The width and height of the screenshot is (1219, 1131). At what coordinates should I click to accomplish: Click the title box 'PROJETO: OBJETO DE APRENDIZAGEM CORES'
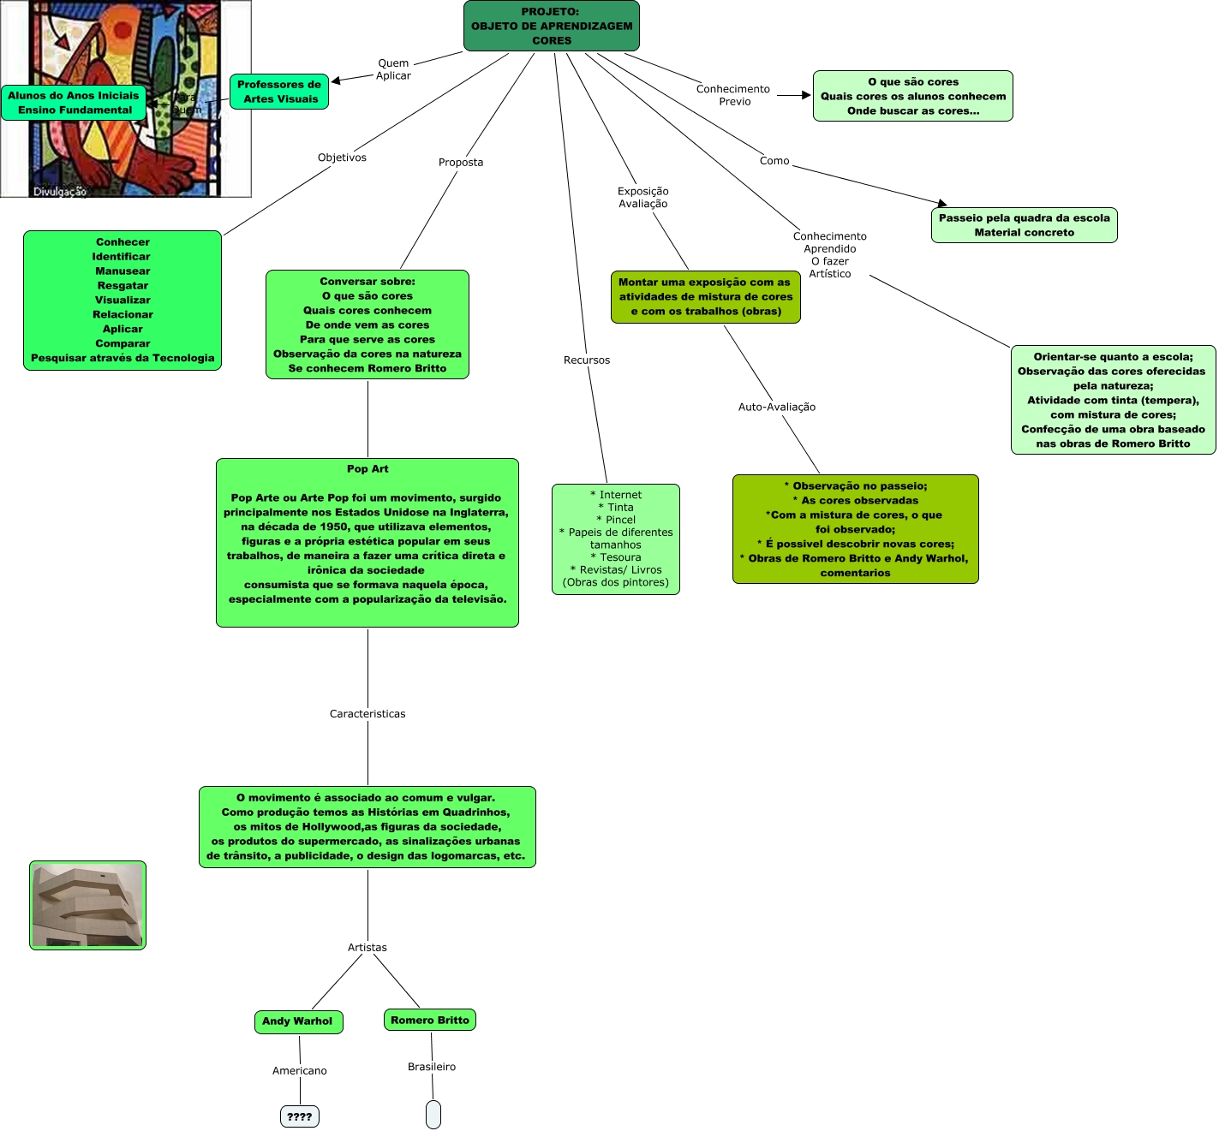(551, 26)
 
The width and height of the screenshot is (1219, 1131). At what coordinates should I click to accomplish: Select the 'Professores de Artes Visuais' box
(279, 92)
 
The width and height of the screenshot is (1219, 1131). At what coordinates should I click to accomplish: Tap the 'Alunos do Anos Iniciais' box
(74, 103)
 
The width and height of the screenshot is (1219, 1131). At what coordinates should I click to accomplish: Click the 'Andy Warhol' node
(298, 1021)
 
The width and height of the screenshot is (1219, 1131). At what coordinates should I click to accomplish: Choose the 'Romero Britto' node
(430, 1020)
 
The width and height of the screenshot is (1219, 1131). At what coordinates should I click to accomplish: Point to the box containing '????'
(300, 1116)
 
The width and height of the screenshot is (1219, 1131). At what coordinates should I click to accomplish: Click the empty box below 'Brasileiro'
(433, 1115)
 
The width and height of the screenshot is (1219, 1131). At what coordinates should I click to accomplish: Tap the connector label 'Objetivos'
(342, 158)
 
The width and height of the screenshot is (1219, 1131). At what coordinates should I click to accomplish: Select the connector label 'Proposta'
(461, 163)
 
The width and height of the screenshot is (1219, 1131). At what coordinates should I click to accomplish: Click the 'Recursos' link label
(587, 360)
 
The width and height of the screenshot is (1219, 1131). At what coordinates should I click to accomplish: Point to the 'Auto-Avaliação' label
(777, 408)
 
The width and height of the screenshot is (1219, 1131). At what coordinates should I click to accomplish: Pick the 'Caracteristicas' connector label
(367, 714)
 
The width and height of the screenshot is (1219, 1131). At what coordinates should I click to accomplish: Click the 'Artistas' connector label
(367, 948)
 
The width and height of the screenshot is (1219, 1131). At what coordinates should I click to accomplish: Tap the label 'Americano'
(300, 1071)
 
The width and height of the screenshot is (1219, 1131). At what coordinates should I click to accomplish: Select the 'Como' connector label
(774, 161)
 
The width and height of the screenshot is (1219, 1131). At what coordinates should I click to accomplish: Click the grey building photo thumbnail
(88, 905)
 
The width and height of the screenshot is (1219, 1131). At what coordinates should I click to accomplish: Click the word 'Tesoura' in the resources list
(620, 557)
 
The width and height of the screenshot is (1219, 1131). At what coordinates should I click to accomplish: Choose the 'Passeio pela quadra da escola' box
(1024, 225)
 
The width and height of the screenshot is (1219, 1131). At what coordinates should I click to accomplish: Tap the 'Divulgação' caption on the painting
(60, 192)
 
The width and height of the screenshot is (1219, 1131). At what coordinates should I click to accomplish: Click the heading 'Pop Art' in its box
(367, 469)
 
